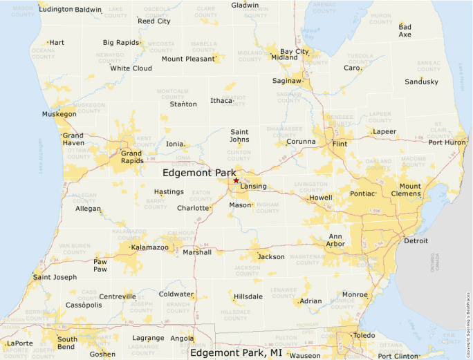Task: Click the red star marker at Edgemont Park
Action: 236,180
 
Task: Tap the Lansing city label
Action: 253,187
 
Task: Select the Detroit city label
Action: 416,241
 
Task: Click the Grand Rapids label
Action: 131,158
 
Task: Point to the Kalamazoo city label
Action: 150,247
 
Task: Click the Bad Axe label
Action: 405,30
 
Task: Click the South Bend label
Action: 67,343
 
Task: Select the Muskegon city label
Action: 59,114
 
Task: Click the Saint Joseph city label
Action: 55,278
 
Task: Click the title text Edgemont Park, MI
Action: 236,352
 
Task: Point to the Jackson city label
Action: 270,257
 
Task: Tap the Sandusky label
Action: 421,82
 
